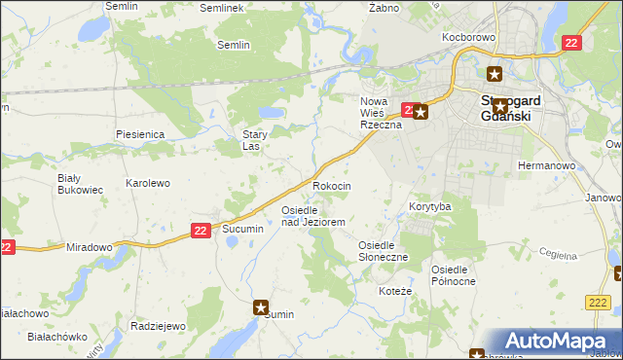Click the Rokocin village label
(331, 185)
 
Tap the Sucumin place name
(242, 228)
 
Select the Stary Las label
(255, 141)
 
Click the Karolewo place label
(148, 183)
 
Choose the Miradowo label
(90, 247)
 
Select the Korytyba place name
(429, 207)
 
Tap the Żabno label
(385, 7)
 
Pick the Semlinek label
(219, 7)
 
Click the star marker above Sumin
(262, 307)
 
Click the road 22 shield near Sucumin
(201, 230)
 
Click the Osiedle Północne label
(454, 274)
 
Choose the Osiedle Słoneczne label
(384, 251)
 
